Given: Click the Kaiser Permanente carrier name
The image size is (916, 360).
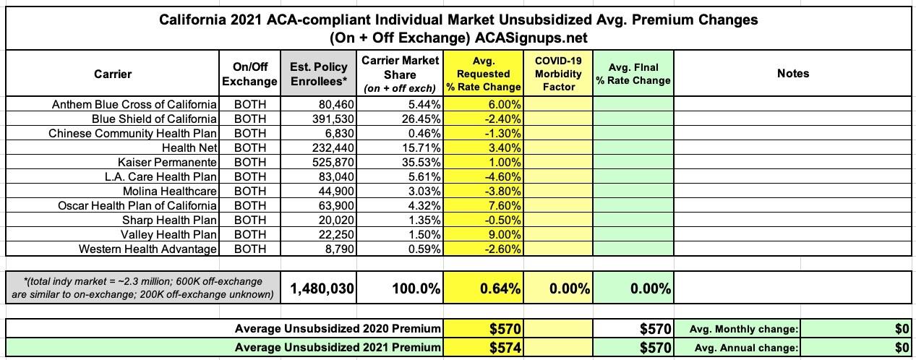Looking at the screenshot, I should pos(168,162).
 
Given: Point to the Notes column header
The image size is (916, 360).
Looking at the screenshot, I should pos(793,73).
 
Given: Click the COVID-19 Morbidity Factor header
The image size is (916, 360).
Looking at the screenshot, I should pos(558,73).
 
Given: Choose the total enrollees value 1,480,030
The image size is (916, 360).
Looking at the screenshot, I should pos(322,289).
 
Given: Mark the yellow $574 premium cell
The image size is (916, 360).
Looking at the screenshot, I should pos(503,348).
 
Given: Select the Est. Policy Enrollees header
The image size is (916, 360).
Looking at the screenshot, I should pos(319,74).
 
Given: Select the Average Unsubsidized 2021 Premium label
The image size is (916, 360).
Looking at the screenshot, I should pos(338,348).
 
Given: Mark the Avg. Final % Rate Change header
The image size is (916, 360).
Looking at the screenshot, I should pos(633,73).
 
